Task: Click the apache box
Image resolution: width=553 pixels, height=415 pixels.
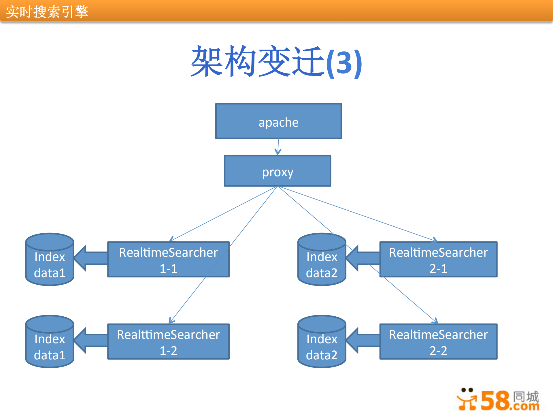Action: pyautogui.click(x=278, y=121)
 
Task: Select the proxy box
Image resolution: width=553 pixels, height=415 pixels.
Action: pyautogui.click(x=278, y=171)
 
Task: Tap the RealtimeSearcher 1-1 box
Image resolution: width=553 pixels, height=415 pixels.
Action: pyautogui.click(x=168, y=260)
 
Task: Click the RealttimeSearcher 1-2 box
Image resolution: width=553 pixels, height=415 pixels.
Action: pyautogui.click(x=168, y=342)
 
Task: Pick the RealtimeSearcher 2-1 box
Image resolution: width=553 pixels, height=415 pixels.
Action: pyautogui.click(x=438, y=260)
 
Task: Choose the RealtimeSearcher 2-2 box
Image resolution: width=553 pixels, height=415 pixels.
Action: pyautogui.click(x=438, y=342)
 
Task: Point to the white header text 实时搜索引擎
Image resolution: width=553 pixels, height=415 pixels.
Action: pyautogui.click(x=47, y=12)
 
